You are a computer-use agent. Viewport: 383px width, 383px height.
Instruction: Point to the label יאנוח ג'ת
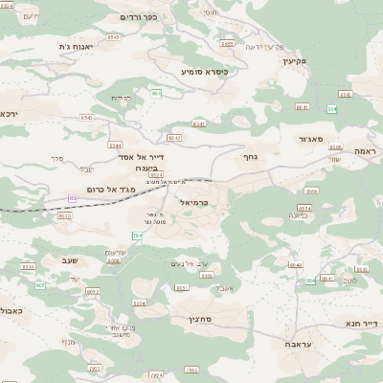point(75,46)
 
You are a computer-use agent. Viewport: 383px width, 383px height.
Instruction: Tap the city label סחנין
point(200,318)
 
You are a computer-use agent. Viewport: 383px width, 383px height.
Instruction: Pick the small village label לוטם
point(350,280)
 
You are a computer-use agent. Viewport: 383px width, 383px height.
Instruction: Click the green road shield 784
point(137,236)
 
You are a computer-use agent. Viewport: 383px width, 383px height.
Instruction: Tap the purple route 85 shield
point(73,198)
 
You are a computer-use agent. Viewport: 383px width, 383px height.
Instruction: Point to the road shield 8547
point(173,138)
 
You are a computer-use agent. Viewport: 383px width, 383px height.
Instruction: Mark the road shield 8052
point(93,292)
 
